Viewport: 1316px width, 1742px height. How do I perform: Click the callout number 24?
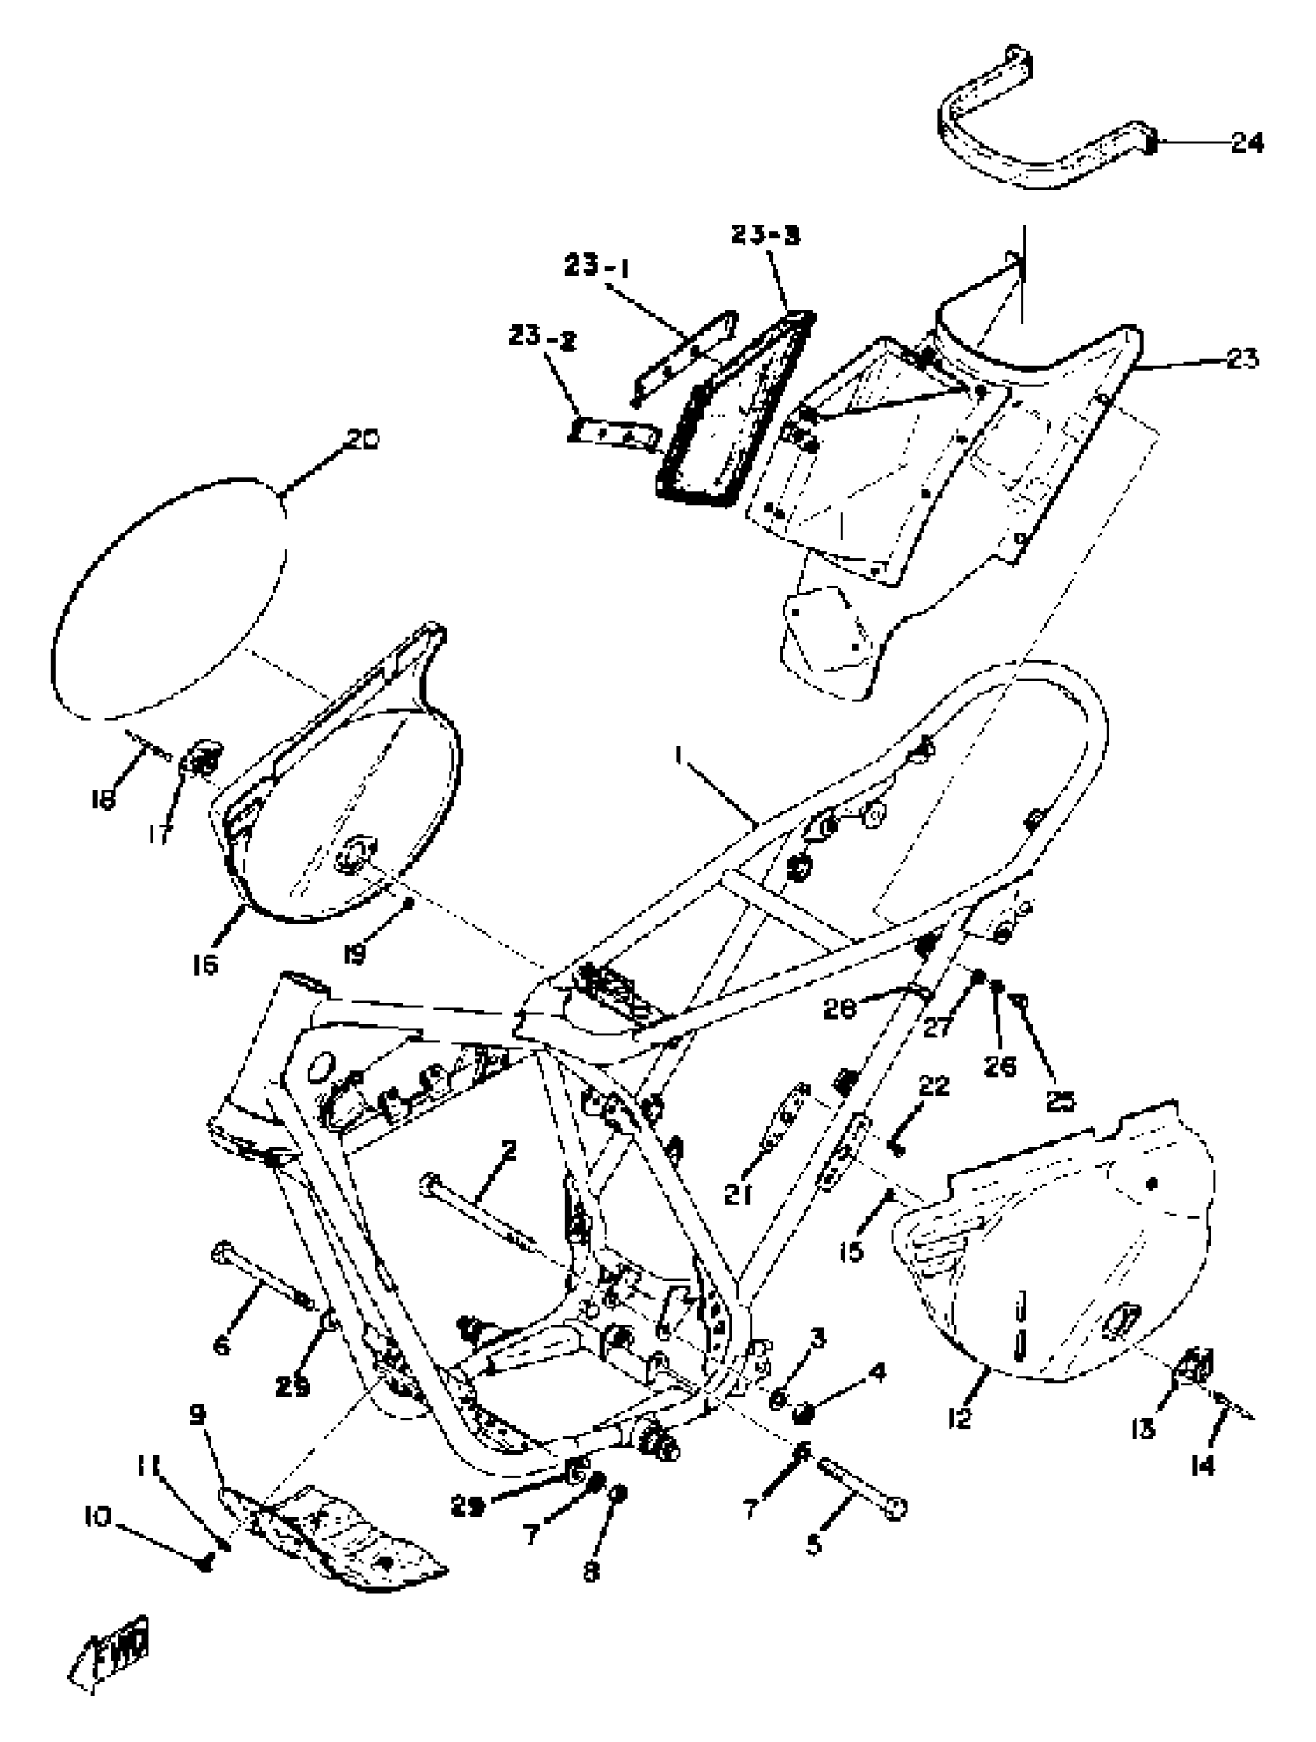tap(1246, 143)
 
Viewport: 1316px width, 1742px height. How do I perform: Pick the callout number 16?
tap(205, 964)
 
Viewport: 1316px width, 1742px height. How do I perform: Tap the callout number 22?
tap(934, 1086)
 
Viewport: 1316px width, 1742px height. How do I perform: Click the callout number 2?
tap(509, 1150)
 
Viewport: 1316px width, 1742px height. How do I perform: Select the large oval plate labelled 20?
tap(170, 598)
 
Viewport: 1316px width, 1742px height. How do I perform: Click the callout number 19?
tap(355, 955)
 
